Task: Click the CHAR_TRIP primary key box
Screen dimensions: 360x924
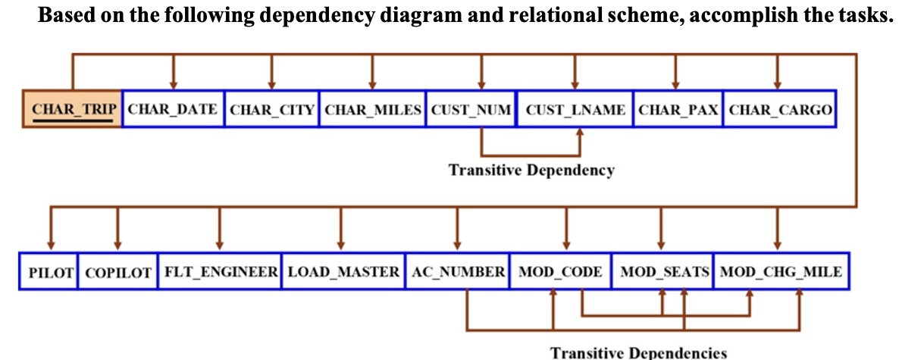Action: point(72,109)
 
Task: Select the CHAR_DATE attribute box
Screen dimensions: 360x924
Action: point(173,109)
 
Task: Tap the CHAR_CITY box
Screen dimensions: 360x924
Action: point(272,109)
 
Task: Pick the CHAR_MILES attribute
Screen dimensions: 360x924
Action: point(373,109)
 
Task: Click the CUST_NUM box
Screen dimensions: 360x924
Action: point(471,109)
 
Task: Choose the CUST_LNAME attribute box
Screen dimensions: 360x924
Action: point(575,109)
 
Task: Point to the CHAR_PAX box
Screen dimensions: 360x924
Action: point(678,109)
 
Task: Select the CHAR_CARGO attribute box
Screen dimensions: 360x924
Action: point(780,109)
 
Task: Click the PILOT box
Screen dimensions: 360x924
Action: point(50,271)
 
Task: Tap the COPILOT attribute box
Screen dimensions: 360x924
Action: point(117,271)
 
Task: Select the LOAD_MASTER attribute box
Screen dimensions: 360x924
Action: point(343,271)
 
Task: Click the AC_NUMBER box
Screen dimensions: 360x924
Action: point(457,271)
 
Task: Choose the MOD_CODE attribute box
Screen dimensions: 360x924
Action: point(561,271)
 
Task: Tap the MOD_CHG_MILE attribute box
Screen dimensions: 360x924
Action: point(780,271)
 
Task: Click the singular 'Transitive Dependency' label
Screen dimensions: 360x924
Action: point(531,170)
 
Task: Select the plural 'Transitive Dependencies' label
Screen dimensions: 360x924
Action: point(638,352)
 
